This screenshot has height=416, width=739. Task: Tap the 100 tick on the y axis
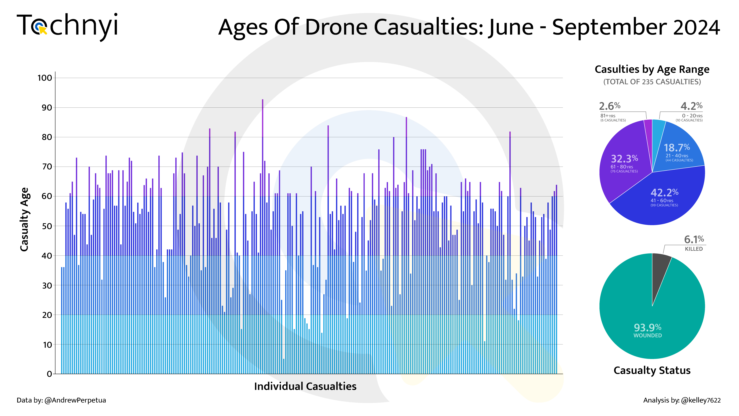[x=45, y=78]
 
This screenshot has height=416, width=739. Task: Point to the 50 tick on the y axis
[x=47, y=226]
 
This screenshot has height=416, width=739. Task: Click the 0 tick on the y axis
[x=49, y=374]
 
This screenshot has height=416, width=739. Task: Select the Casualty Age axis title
[x=25, y=220]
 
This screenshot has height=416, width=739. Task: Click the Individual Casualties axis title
[x=305, y=386]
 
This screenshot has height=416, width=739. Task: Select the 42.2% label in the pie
[x=664, y=192]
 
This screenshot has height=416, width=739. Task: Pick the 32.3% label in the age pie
[x=624, y=159]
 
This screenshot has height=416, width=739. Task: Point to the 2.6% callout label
[x=610, y=106]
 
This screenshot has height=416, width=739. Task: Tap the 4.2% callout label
[x=691, y=106]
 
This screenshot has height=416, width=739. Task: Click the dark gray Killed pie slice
[x=660, y=273]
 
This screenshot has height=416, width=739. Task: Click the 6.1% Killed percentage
[x=694, y=239]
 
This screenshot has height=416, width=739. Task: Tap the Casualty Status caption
[x=652, y=371]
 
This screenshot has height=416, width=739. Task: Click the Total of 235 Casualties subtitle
[x=652, y=82]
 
